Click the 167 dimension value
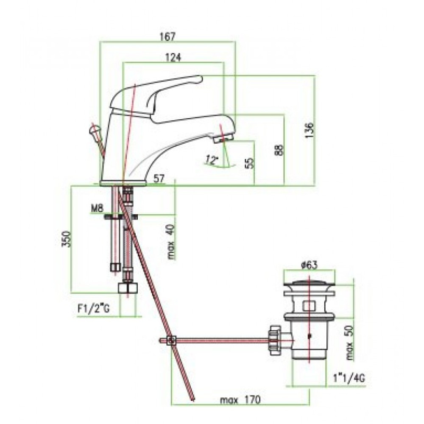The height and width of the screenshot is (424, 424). click(x=167, y=36)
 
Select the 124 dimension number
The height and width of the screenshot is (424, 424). click(x=173, y=57)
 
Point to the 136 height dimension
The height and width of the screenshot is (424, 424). click(x=309, y=130)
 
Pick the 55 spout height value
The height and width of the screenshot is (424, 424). click(x=251, y=163)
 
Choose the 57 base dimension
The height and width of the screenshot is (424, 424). click(x=159, y=179)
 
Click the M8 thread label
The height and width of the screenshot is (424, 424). click(x=97, y=209)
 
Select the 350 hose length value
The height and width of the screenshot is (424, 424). click(x=67, y=239)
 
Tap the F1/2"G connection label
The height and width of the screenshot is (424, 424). click(x=94, y=309)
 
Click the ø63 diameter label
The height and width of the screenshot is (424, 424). click(x=309, y=265)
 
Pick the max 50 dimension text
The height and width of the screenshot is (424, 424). click(x=350, y=342)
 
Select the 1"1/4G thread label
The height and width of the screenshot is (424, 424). click(x=349, y=378)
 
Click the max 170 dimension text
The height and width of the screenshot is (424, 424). click(x=240, y=400)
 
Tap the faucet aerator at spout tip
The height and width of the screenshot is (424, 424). click(x=223, y=139)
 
